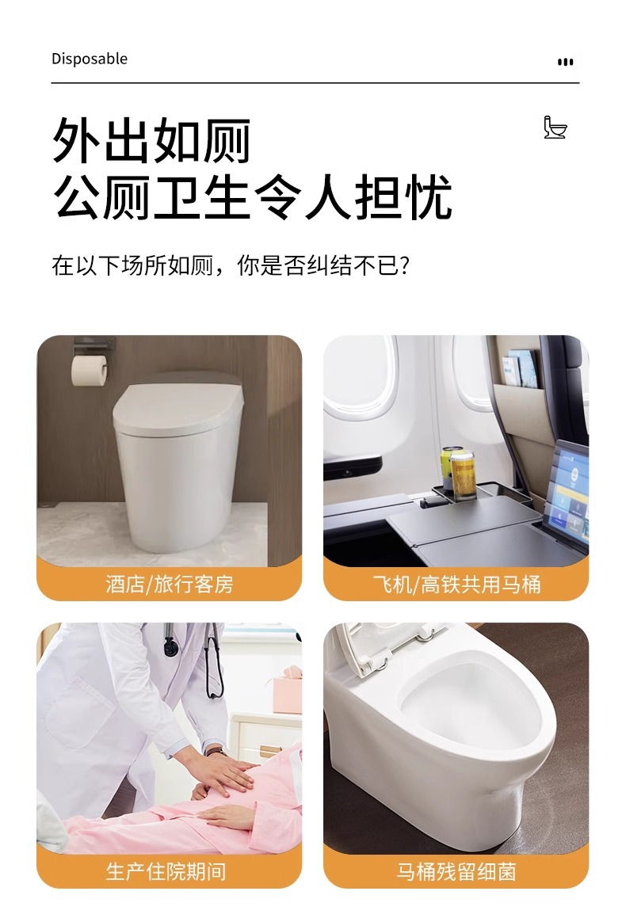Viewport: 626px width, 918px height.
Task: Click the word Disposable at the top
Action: tap(89, 59)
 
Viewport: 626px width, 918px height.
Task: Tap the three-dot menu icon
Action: tap(565, 62)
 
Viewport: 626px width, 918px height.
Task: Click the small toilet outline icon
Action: tap(555, 127)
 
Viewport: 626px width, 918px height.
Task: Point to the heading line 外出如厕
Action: tap(151, 140)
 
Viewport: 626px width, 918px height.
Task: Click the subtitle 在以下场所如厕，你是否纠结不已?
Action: tap(231, 265)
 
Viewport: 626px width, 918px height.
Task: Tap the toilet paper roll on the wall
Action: tap(89, 370)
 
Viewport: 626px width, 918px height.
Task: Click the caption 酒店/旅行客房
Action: tap(170, 584)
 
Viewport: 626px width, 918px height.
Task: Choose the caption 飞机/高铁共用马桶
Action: tap(456, 584)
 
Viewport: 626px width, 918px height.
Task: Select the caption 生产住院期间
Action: tap(166, 871)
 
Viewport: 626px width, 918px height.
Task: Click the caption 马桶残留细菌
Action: tap(456, 871)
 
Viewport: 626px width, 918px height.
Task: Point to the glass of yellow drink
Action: tap(462, 475)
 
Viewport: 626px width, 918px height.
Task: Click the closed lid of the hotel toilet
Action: tap(178, 403)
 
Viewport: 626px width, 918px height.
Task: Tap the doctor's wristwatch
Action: tap(216, 751)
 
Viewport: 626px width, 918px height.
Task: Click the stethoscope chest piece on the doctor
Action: tap(171, 648)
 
